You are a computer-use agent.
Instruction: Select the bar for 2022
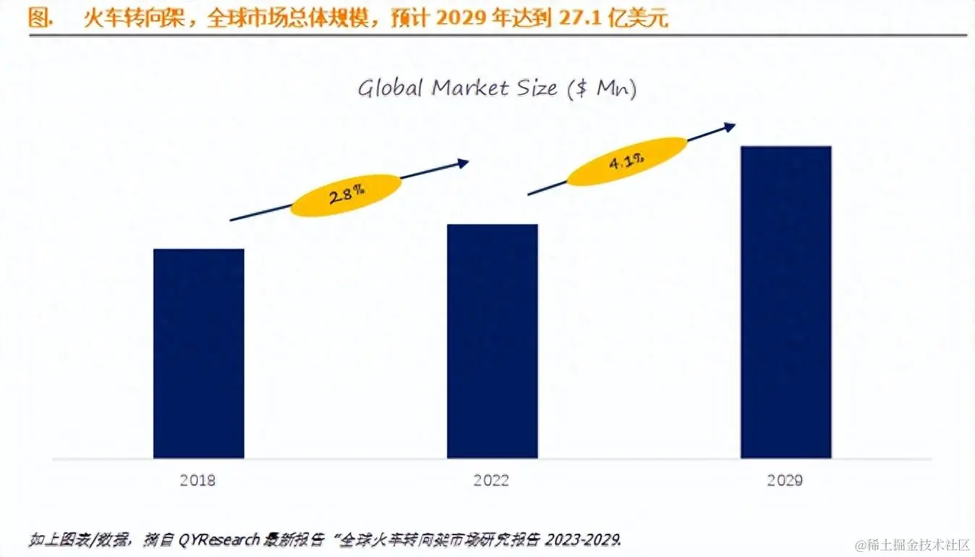click(492, 341)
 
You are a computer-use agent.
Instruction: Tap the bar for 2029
click(785, 302)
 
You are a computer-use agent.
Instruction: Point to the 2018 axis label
click(198, 480)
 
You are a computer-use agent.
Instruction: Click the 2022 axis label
click(492, 480)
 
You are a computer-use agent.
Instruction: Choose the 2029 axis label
click(785, 480)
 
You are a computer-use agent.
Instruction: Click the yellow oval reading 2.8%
click(346, 195)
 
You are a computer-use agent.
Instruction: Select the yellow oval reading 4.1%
click(626, 161)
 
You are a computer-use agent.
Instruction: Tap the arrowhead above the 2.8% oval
click(463, 163)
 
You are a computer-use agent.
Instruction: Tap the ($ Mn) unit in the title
click(601, 90)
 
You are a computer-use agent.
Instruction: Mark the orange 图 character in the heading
click(38, 18)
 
